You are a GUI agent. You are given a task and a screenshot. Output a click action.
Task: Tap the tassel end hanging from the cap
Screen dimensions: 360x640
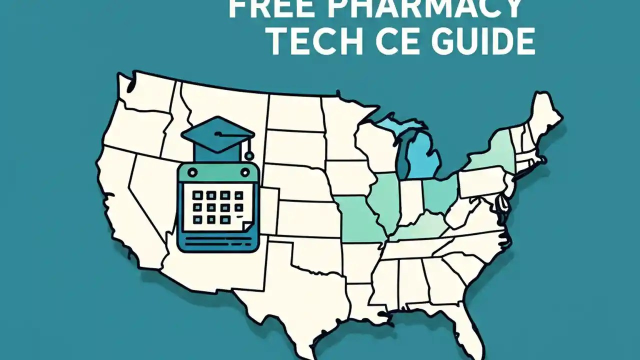249,155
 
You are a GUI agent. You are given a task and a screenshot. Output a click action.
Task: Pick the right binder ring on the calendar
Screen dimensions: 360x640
244,172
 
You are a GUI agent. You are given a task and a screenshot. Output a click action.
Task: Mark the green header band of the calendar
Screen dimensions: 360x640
217,173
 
